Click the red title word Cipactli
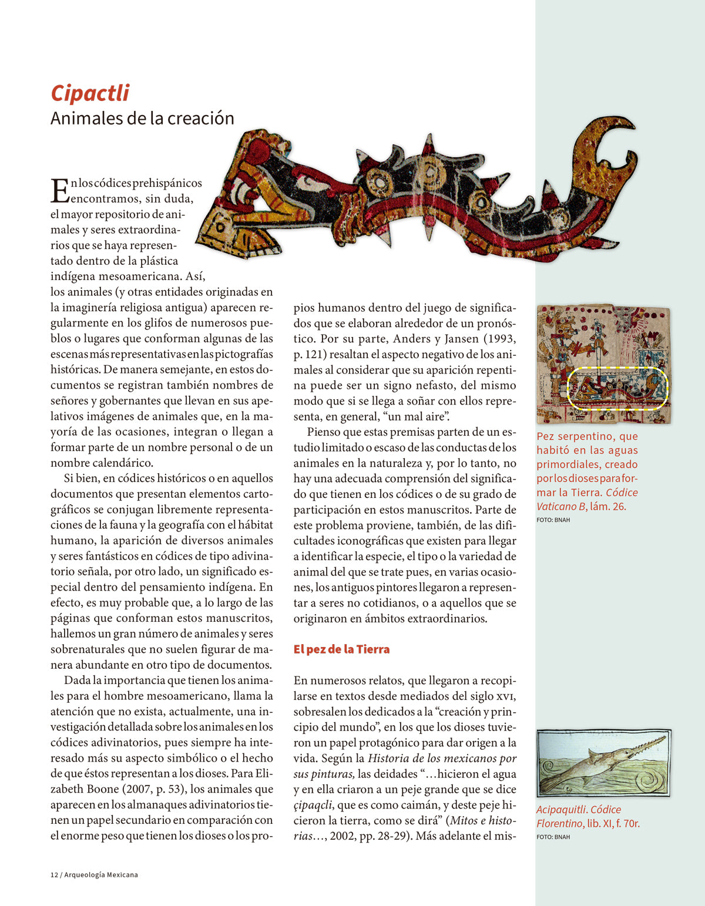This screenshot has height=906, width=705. (90, 93)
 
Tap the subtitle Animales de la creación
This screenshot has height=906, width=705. (142, 119)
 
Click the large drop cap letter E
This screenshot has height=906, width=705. (60, 191)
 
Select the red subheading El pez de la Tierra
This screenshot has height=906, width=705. (341, 649)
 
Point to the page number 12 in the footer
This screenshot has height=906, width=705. (54, 875)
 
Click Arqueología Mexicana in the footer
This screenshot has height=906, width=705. (101, 875)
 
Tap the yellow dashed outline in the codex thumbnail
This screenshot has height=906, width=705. (618, 369)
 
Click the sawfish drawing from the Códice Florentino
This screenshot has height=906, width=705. (603, 763)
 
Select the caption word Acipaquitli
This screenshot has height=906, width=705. (560, 810)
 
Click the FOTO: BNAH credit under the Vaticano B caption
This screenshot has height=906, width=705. (553, 520)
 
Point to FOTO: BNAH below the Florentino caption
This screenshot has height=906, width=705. (553, 837)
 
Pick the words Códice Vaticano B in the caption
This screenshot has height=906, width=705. (587, 500)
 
